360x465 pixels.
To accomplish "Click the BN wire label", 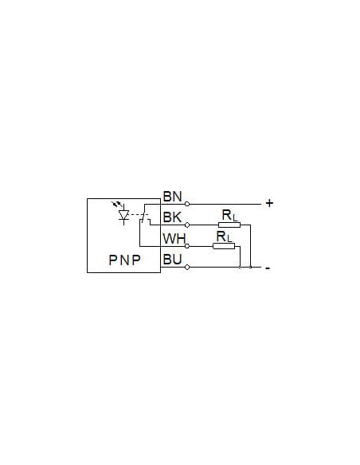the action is pos(172,197).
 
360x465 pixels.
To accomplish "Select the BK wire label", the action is pos(172,217).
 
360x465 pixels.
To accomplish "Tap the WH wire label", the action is pos(174,239).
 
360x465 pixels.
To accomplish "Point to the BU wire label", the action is pos(172,260).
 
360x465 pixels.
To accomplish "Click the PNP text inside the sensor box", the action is pos(124,260).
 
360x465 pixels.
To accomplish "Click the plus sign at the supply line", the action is pos(269,203).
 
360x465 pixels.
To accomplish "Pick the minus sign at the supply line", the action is pos(268,268).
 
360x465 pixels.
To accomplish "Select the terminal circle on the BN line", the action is pos(187,204).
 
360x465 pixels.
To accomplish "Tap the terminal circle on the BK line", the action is pos(187,225).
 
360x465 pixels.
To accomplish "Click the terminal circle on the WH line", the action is pos(187,246).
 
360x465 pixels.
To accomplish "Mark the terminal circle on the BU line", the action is pos(187,268).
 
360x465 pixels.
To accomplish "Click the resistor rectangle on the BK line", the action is pos(229,225).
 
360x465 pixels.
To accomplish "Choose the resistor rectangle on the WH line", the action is pos(224,246).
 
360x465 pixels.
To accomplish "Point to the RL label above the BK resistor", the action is pos(230,215).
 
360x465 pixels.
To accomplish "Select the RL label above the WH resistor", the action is pos(225,236).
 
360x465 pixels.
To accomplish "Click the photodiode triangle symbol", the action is pos(123,215).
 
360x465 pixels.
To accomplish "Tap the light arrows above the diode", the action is pos(117,204).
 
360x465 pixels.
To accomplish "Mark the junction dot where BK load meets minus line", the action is pos(251,268).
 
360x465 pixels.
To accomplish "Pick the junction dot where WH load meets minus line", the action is pos(240,268).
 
